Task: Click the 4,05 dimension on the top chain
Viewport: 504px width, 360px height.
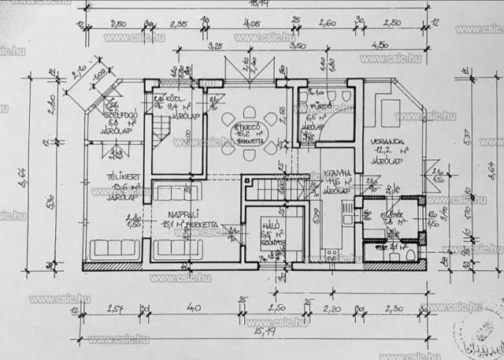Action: [252, 24]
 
